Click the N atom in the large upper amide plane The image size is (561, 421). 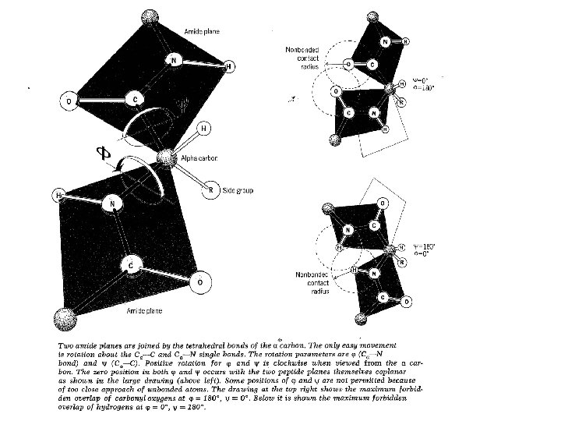pos(175,59)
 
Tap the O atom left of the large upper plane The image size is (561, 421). pos(69,100)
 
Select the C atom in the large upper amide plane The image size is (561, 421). pos(136,100)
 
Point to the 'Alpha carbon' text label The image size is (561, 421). pos(199,158)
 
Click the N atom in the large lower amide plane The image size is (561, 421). pos(113,204)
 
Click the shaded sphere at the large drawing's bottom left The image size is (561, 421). pos(62,320)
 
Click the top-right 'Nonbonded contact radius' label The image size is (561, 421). pos(302,59)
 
